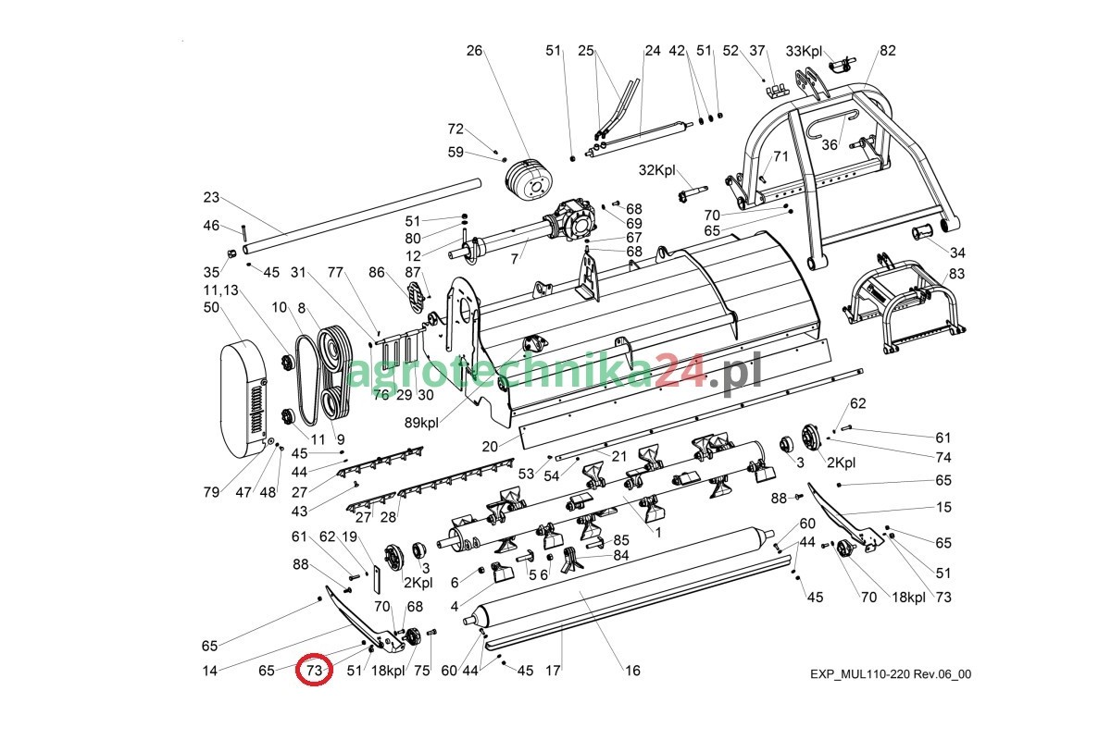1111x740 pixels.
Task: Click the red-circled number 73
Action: point(314,670)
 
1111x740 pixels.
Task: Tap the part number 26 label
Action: point(474,51)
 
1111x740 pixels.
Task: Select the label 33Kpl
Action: point(803,51)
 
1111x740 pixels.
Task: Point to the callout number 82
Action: point(887,51)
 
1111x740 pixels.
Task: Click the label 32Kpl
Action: point(658,170)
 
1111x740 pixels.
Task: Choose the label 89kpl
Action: point(422,423)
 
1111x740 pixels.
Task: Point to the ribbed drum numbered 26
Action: point(529,180)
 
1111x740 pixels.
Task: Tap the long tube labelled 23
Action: point(361,216)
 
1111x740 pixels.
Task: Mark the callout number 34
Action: point(957,253)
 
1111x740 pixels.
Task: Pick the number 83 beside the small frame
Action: point(956,274)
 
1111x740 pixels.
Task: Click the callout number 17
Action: point(553,671)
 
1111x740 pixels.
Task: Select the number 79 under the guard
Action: point(212,492)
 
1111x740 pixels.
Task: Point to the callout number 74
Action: point(942,457)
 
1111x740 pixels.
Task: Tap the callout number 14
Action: point(211,671)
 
